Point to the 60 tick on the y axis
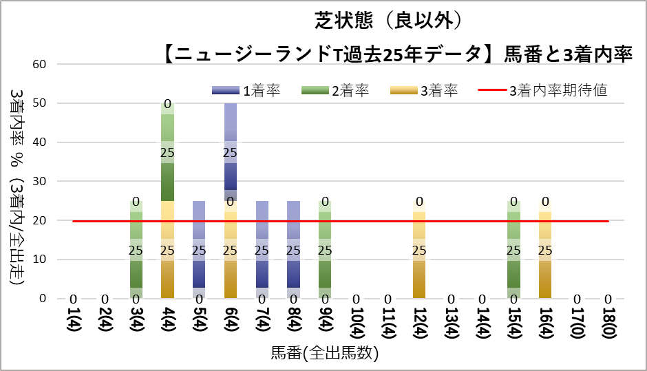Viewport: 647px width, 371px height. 40,65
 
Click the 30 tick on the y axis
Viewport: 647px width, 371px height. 40,182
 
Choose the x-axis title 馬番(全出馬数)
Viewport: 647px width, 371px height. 323,354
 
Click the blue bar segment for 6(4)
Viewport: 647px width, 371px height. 231,148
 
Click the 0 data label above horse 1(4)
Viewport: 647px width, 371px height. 73,299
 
